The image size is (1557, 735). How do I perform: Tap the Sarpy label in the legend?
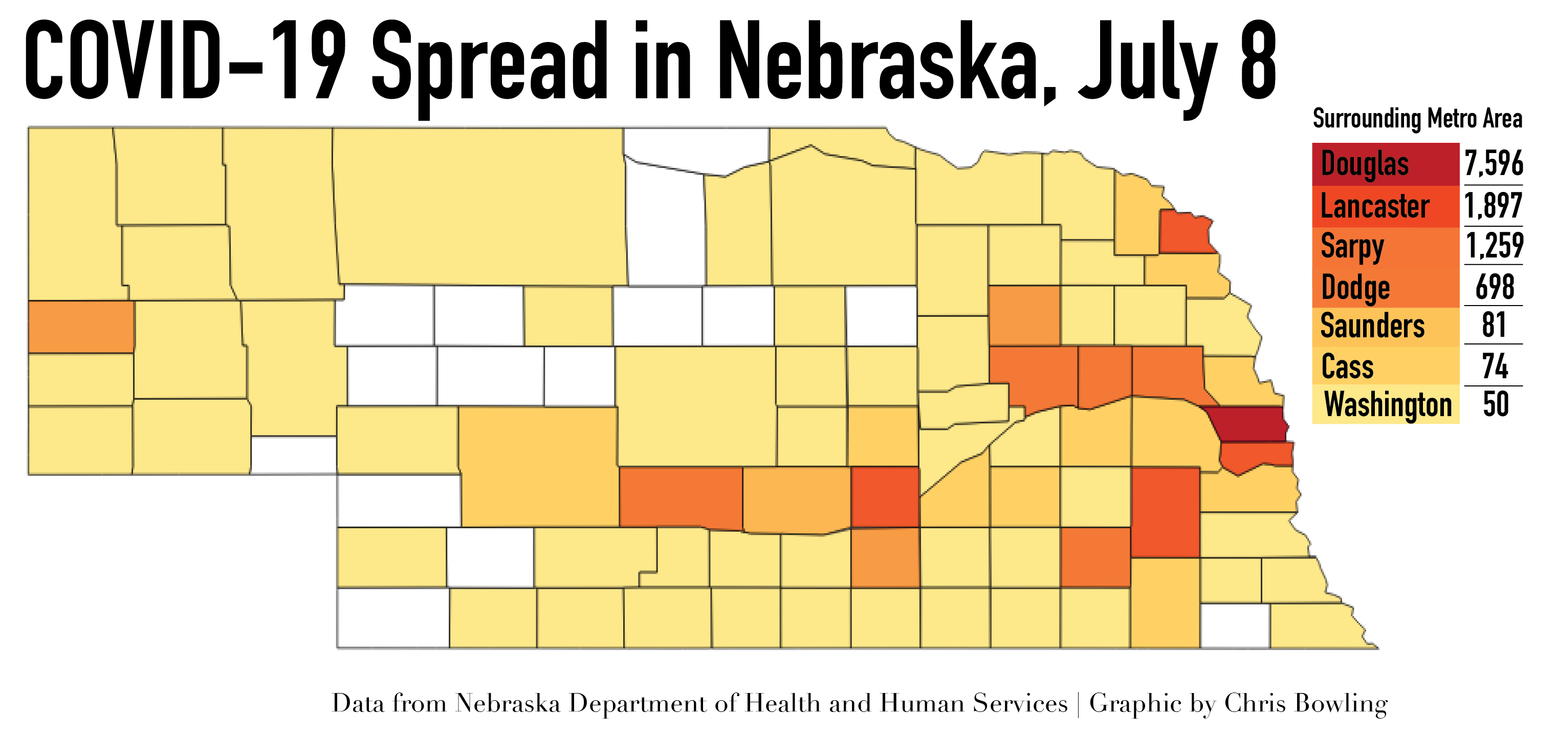point(1352,247)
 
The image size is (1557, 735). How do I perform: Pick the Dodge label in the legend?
point(1355,288)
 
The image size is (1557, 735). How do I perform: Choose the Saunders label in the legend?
point(1372,326)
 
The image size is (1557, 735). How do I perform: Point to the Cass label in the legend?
point(1347,367)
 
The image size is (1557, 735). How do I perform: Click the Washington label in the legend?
point(1388,404)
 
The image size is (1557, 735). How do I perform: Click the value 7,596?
point(1494,163)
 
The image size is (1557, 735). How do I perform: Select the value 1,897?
point(1493,206)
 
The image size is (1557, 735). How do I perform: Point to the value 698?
point(1495,287)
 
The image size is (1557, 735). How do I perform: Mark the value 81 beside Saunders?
point(1494,325)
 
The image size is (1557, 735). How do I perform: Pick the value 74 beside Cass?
point(1495,366)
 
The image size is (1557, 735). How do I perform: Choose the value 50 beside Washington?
point(1496,404)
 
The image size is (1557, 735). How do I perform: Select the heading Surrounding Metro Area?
point(1417,118)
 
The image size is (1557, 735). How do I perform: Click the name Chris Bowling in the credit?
point(1306,703)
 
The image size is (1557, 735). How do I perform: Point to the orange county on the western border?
point(81,327)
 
